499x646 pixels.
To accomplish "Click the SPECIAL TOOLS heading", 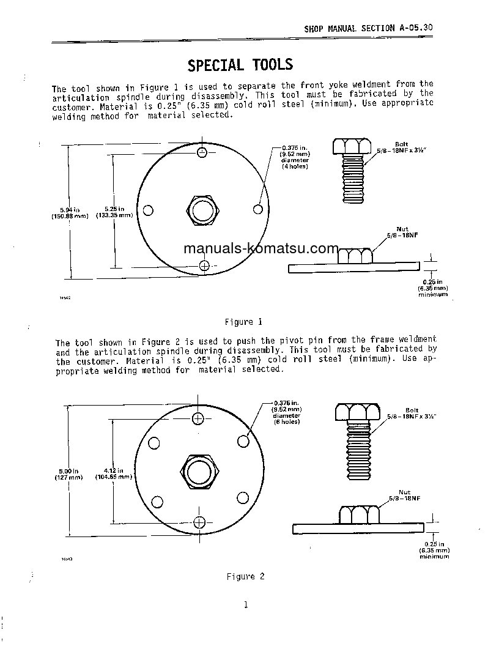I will click(240, 65).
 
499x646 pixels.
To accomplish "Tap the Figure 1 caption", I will click(243, 322).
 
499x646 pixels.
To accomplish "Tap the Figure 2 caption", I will click(245, 576).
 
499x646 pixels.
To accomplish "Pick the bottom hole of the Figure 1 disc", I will click(204, 265).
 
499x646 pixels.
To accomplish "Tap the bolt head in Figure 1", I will click(353, 146).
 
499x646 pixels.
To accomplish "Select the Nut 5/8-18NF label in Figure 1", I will click(401, 232).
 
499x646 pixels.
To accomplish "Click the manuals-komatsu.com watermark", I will click(261, 249).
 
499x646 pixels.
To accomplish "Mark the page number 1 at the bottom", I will click(246, 605).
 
